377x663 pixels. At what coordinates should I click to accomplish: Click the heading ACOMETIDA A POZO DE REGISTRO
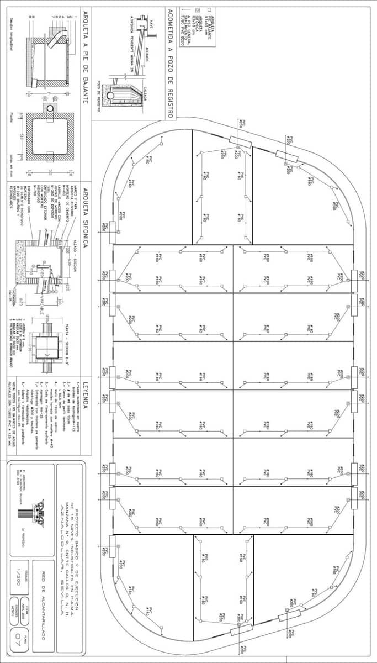[x=171, y=63]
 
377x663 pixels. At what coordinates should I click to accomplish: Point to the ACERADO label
[x=148, y=55]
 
